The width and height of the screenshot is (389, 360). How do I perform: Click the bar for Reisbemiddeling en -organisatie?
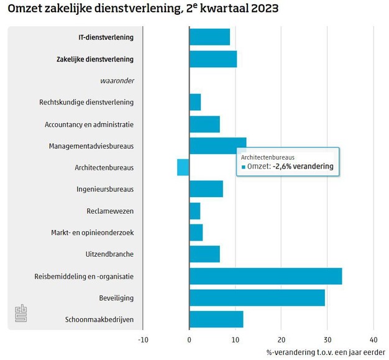(x=265, y=276)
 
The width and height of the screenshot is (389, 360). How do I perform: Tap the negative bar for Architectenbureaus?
(x=183, y=167)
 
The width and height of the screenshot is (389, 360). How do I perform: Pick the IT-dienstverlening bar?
(x=209, y=37)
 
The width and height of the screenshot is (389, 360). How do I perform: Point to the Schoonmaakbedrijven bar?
(x=216, y=320)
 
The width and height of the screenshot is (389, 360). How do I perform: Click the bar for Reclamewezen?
(x=194, y=211)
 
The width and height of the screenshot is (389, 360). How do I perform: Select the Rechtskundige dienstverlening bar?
(x=195, y=102)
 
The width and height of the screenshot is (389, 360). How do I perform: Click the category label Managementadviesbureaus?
(x=91, y=146)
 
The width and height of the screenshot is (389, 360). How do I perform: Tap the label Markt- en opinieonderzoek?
(x=92, y=233)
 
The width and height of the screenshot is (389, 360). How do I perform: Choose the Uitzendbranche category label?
(x=109, y=254)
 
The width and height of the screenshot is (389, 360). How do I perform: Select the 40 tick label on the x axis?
(x=373, y=339)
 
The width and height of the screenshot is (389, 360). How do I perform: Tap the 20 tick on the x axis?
(x=281, y=339)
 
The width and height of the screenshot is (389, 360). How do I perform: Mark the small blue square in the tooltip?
(x=243, y=167)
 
